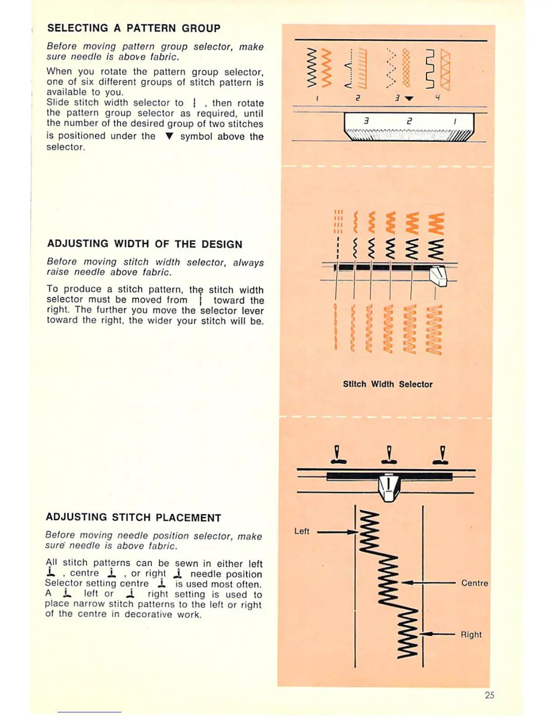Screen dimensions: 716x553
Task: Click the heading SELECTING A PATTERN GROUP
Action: (x=134, y=28)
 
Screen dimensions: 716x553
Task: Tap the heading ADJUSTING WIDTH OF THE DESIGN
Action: (x=145, y=244)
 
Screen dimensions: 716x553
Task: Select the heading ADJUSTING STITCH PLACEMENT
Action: (x=133, y=518)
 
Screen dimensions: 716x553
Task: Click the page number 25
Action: (x=489, y=695)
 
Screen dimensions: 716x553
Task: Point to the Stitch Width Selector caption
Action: (x=387, y=384)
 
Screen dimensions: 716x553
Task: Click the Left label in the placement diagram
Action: (x=302, y=532)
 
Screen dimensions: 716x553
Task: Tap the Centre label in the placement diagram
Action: (x=474, y=583)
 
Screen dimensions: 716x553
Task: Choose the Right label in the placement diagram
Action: (x=471, y=635)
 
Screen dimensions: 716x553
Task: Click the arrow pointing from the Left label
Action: (x=337, y=532)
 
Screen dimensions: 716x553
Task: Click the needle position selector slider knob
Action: (x=388, y=487)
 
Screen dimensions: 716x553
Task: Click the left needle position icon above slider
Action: (x=337, y=455)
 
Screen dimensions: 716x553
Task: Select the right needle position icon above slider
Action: (x=441, y=455)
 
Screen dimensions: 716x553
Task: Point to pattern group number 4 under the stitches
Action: (x=437, y=98)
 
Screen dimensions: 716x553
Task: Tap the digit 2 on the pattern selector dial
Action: (x=409, y=121)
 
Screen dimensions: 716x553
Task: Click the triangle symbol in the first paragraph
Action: (x=169, y=136)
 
